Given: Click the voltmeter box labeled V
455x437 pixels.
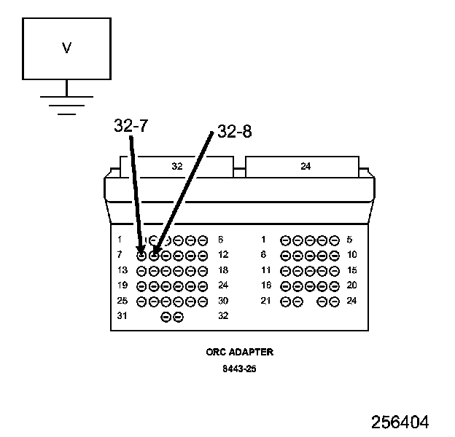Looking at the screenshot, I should point(66,49).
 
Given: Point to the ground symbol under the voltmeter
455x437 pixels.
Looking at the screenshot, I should point(66,104).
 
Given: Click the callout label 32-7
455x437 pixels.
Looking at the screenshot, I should point(131,125).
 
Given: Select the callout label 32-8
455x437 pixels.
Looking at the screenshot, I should point(235,132).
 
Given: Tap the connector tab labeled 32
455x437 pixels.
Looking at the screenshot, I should point(177,166).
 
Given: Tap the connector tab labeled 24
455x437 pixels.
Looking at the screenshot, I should point(306,166).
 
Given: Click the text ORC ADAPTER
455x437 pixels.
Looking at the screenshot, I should point(240,352).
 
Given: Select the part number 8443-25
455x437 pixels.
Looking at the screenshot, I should point(240,369).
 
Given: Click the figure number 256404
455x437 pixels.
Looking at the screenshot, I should point(400,422).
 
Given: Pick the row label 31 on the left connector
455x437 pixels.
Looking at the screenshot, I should point(121,315).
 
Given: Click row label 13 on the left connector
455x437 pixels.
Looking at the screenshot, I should point(121,269).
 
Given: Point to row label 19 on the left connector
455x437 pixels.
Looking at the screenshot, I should point(121,285).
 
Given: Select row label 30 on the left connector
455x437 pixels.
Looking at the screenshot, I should point(223,300).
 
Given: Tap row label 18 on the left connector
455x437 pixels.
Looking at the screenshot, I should point(223,269).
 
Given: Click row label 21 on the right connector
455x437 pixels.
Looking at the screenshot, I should point(266,300).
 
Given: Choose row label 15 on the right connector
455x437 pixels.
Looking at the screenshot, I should point(352,269).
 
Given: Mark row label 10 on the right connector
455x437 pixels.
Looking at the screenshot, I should point(352,254).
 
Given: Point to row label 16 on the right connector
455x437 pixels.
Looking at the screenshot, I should point(266,285).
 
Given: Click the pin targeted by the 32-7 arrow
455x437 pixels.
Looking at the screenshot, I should point(141,255).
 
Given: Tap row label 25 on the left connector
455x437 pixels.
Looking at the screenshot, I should point(121,300).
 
